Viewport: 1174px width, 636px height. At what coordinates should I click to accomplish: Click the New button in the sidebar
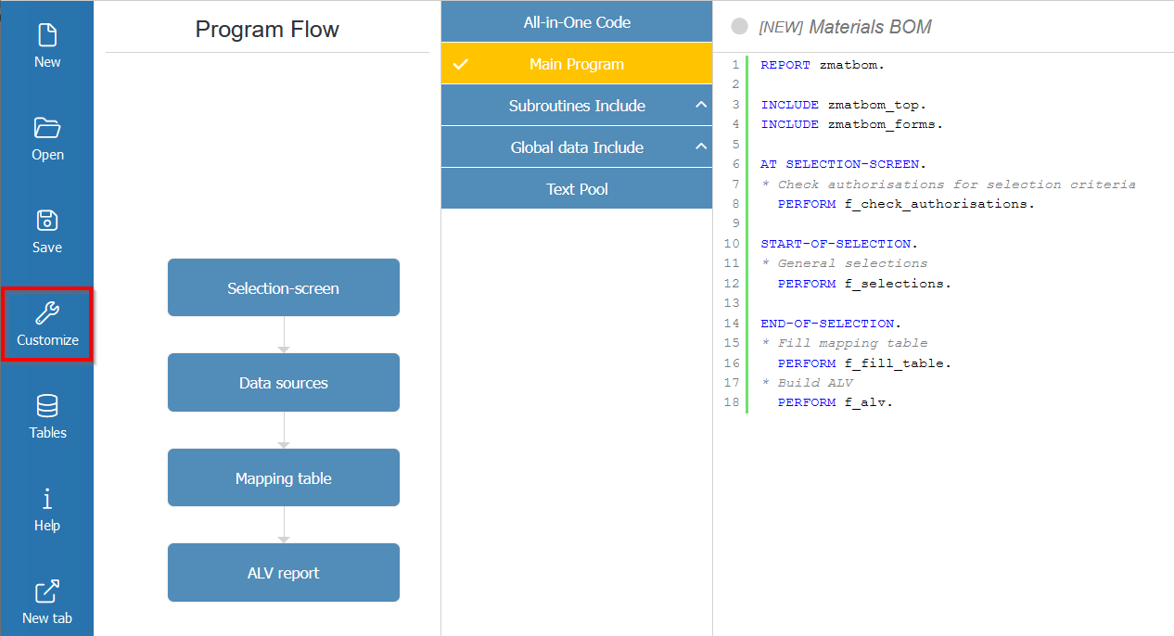pyautogui.click(x=47, y=45)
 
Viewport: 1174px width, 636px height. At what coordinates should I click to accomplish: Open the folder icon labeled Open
pyautogui.click(x=47, y=138)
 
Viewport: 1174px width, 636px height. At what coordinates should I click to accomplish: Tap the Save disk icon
pyautogui.click(x=47, y=231)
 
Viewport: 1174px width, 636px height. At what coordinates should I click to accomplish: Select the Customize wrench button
pyautogui.click(x=47, y=324)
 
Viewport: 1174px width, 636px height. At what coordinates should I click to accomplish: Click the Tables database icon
pyautogui.click(x=47, y=416)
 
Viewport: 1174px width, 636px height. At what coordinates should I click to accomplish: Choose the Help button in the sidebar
pyautogui.click(x=47, y=509)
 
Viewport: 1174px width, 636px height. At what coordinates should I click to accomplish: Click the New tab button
pyautogui.click(x=47, y=602)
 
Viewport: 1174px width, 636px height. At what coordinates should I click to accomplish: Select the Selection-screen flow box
pyautogui.click(x=283, y=288)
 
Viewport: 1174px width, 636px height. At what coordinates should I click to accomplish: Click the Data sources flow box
pyautogui.click(x=283, y=383)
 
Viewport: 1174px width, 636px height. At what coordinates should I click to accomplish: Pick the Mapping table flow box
pyautogui.click(x=283, y=478)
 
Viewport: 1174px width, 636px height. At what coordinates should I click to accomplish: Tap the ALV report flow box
pyautogui.click(x=283, y=573)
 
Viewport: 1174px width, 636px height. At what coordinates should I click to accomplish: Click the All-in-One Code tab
pyautogui.click(x=576, y=22)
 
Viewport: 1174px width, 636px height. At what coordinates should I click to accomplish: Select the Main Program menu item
pyautogui.click(x=576, y=64)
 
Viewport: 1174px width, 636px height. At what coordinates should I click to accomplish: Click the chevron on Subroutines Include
pyautogui.click(x=700, y=106)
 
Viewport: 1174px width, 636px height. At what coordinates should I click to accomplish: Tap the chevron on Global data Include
pyautogui.click(x=700, y=147)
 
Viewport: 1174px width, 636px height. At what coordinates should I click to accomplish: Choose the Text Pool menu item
pyautogui.click(x=576, y=189)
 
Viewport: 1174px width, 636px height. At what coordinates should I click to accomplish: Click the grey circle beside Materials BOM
pyautogui.click(x=739, y=27)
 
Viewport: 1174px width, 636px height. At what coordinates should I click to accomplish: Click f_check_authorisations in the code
pyautogui.click(x=938, y=204)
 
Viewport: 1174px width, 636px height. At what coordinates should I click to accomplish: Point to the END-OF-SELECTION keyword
pyautogui.click(x=827, y=324)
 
